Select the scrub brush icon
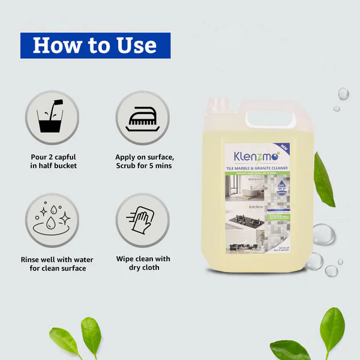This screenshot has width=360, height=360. point(142,118)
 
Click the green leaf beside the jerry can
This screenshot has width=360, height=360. point(323,179)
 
